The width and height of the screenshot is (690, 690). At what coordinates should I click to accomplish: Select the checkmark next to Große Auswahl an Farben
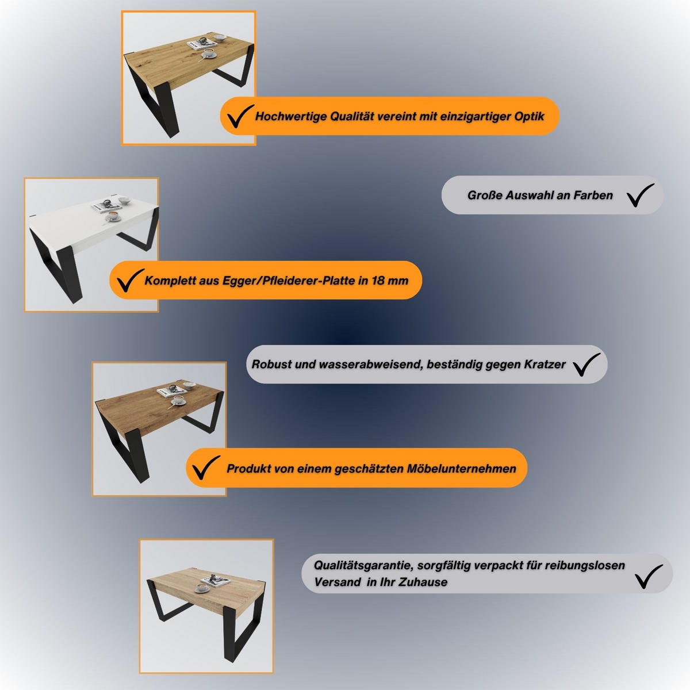coord(641,195)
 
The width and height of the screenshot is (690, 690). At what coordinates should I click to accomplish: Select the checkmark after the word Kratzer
coord(586,364)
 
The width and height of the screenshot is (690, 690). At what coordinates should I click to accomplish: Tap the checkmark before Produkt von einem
coord(206,467)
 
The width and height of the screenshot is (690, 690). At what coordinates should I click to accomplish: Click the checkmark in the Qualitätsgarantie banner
coord(649,577)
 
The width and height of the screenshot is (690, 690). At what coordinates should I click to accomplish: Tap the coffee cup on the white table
coord(113,216)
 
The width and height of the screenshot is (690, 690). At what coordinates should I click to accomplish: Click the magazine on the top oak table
coord(202,44)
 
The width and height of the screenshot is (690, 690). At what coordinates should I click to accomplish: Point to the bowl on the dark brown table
coord(189,385)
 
